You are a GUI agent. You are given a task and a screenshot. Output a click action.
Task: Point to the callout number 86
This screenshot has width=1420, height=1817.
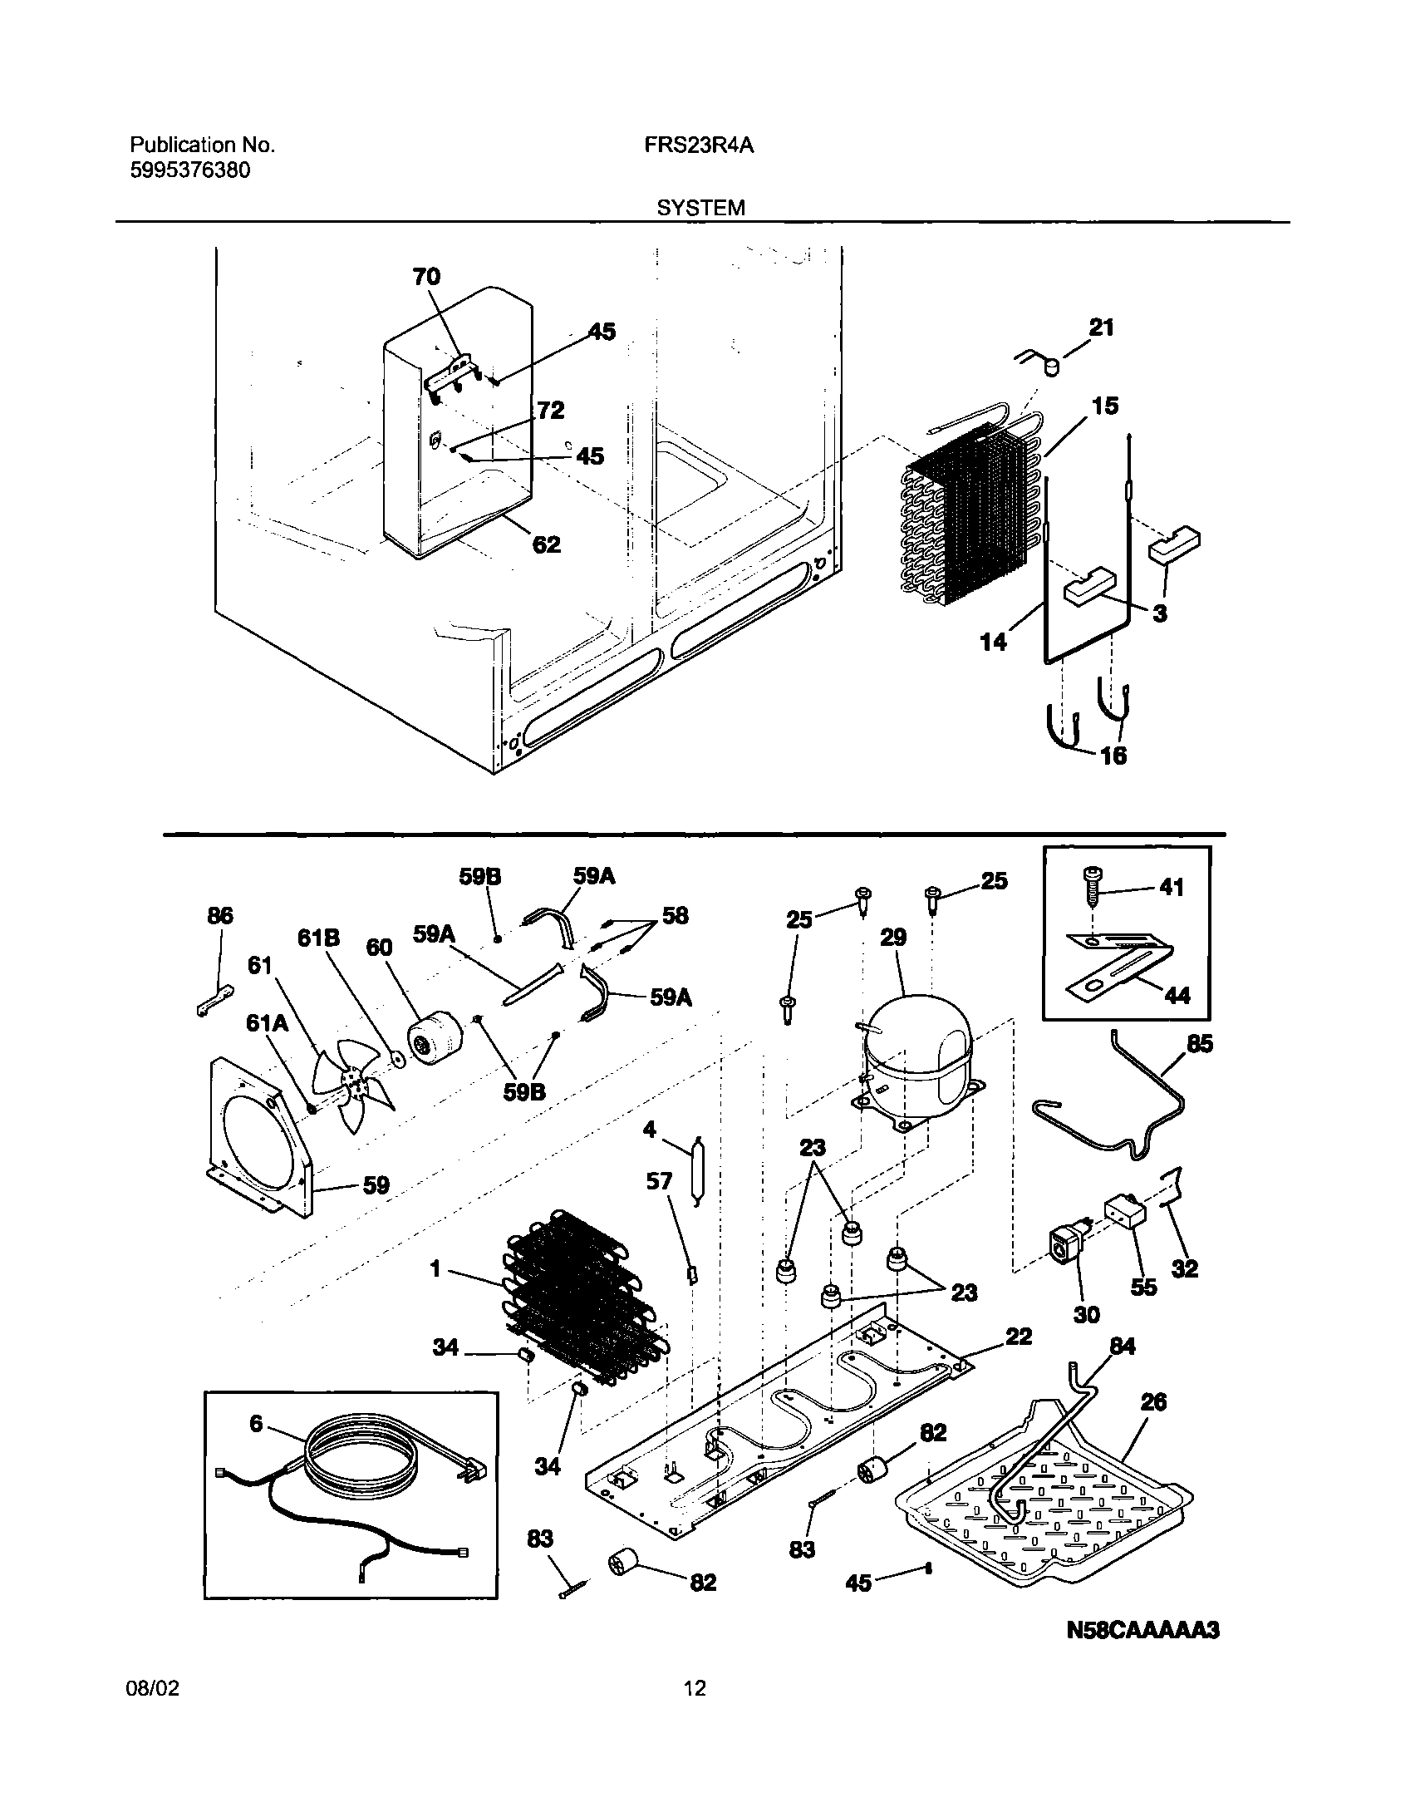[220, 916]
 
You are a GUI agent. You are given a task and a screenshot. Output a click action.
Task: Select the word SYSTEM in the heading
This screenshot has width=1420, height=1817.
[700, 208]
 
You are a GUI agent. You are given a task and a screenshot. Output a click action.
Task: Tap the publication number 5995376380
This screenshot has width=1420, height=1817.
[189, 170]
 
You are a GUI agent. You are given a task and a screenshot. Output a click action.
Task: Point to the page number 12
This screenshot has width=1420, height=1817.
[695, 1688]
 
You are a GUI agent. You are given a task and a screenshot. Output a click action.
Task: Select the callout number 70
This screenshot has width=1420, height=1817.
[427, 276]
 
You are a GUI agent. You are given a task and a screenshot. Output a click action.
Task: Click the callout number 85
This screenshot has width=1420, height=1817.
[1200, 1043]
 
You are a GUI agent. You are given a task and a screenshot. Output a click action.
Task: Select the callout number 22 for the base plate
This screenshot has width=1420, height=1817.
[1019, 1337]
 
